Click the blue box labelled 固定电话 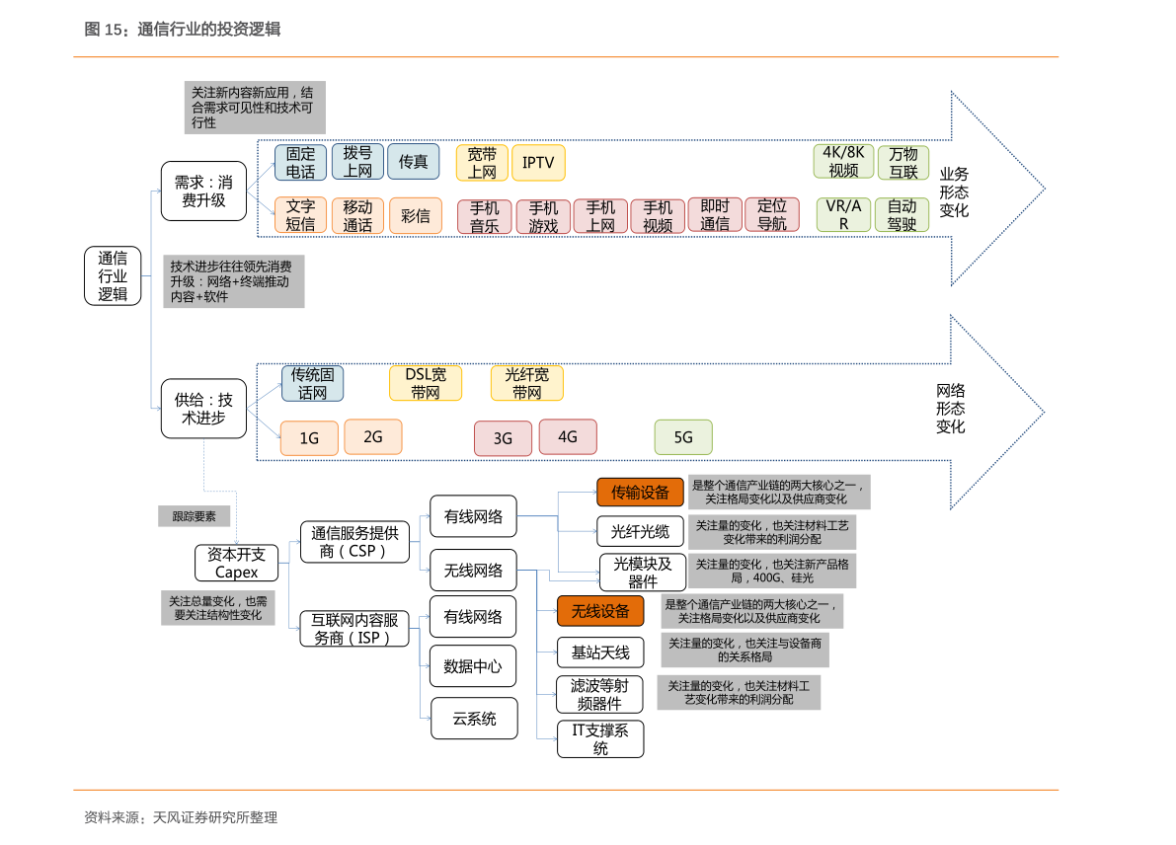300,163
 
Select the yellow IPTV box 538,163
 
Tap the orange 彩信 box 415,215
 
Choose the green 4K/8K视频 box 843,162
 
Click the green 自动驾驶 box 902,215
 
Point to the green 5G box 683,437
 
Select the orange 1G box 309,438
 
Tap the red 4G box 567,436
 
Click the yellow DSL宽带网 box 426,383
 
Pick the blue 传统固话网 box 312,383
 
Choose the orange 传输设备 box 640,492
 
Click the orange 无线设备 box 599,611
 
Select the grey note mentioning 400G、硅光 772,571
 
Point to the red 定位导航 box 771,214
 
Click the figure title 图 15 183,30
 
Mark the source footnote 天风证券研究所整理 181,817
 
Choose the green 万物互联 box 902,163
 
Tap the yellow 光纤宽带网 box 526,383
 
